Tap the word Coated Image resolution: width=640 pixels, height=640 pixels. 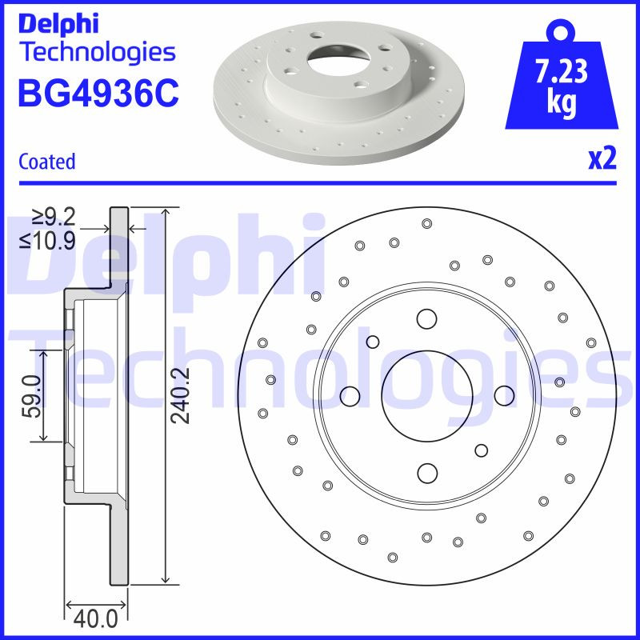tap(46, 162)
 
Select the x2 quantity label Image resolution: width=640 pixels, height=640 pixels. tap(602, 160)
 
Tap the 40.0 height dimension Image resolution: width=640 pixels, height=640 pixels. tap(95, 618)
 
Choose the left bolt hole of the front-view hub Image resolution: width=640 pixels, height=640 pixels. tap(350, 395)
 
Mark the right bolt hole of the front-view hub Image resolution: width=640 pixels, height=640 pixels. tap(503, 395)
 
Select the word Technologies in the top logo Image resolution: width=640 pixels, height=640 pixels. tap(98, 53)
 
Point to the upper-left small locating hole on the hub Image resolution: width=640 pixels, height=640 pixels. tap(372, 342)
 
